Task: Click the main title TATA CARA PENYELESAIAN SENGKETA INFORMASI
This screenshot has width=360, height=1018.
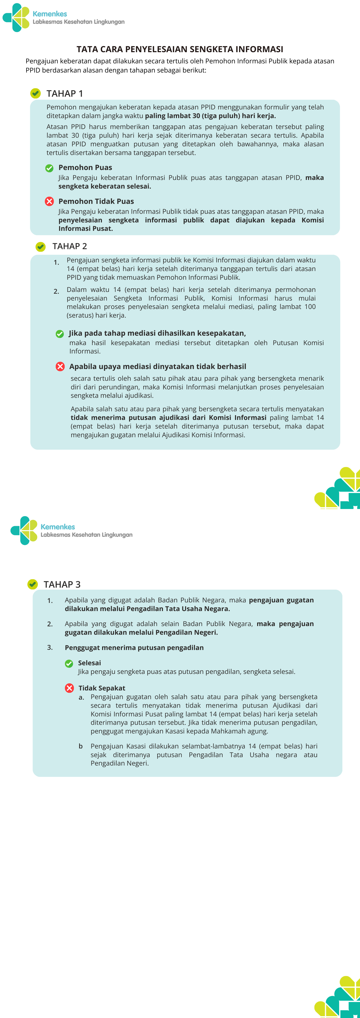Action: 180,49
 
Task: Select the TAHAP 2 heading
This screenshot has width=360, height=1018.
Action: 70,246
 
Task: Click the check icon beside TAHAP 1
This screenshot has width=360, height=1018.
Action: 36,93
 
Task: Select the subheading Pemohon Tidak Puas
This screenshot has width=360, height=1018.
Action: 96,201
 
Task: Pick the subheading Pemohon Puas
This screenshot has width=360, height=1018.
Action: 85,167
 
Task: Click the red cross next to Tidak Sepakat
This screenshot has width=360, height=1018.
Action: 70,688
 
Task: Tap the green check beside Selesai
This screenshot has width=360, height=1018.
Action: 69,663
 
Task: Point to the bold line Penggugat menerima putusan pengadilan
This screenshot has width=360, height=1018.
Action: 134,647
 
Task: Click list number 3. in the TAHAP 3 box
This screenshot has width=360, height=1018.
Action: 50,647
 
